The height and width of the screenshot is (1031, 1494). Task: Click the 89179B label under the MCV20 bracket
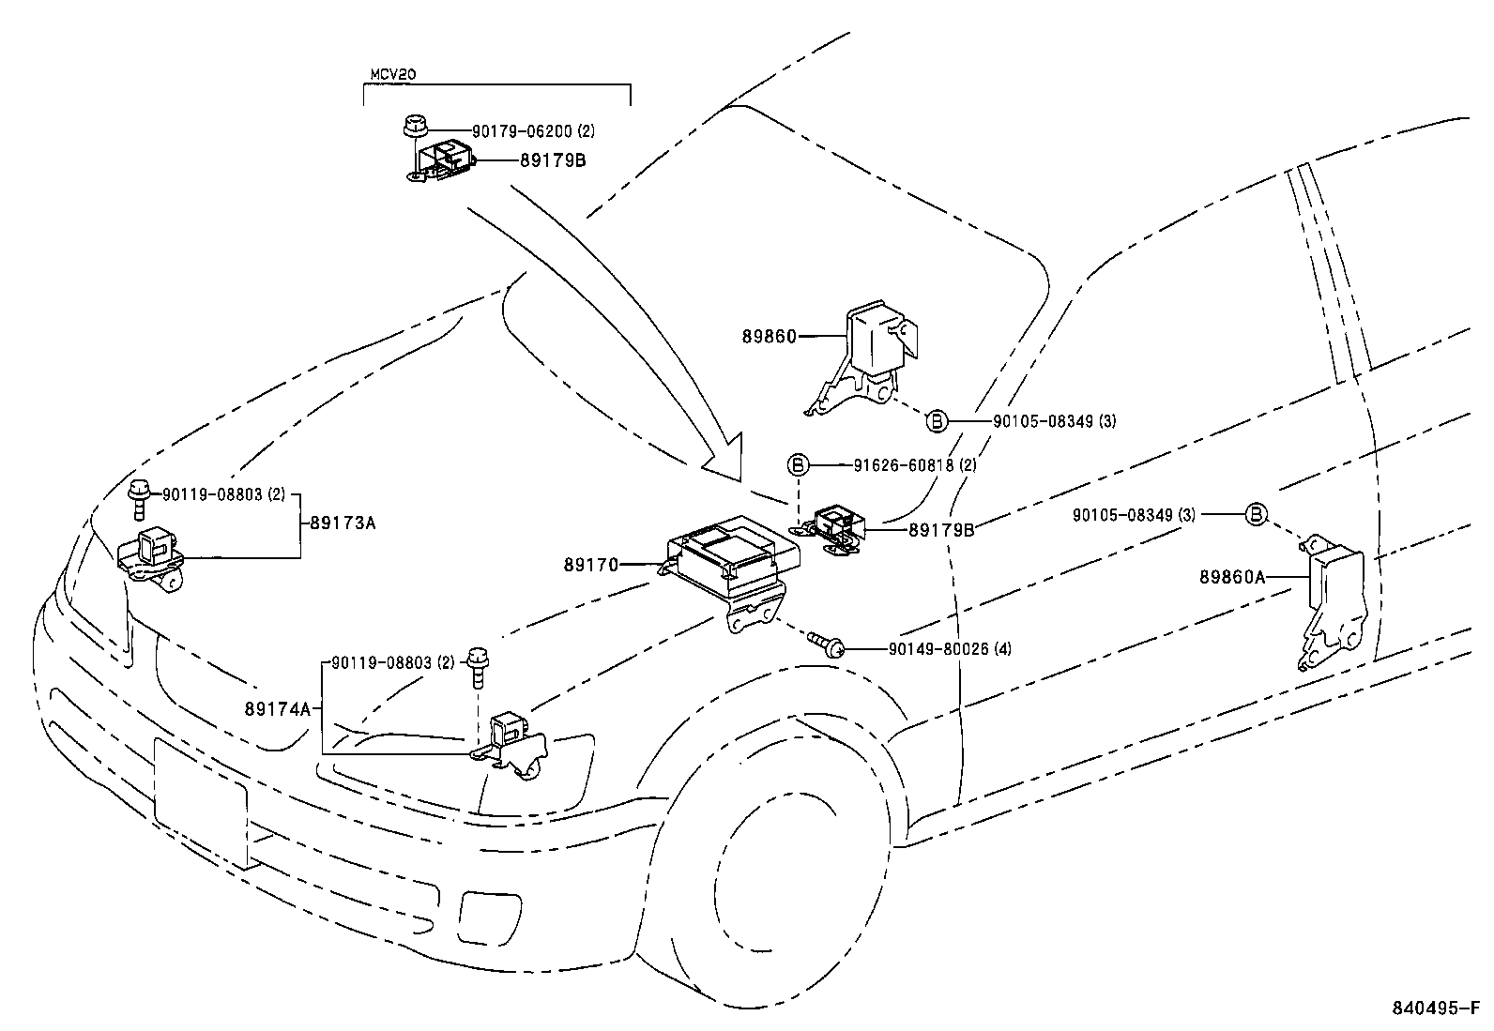point(553,160)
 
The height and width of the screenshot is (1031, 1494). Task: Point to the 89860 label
point(769,336)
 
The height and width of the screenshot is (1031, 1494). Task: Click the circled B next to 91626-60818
point(797,464)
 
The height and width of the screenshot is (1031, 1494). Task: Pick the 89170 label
point(591,565)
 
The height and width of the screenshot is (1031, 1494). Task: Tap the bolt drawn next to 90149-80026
point(824,644)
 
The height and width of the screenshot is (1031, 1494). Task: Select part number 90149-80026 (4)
point(949,649)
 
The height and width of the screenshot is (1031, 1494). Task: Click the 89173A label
point(343,523)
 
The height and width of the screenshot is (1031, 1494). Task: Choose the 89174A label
point(278,709)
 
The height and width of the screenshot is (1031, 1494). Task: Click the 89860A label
point(1231,578)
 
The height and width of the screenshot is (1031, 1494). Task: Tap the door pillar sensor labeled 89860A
point(1333,600)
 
